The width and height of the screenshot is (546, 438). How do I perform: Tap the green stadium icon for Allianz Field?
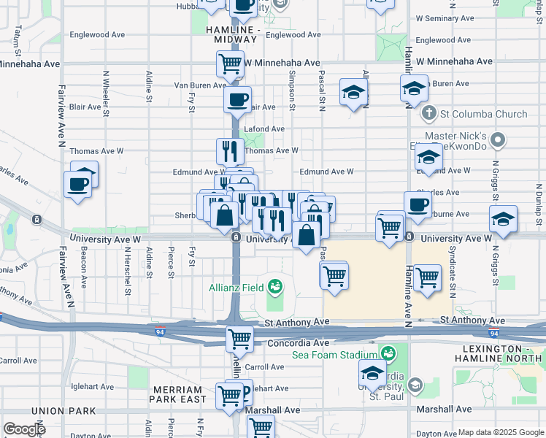[x=275, y=286]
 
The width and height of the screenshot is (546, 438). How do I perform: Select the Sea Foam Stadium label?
[x=336, y=355]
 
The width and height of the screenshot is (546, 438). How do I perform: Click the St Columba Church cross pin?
[x=429, y=114]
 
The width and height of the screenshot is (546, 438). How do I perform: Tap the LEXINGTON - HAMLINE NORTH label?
[x=499, y=353]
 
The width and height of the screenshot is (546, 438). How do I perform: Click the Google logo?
[x=25, y=429]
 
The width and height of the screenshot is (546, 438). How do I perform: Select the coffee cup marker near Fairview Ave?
[x=77, y=184]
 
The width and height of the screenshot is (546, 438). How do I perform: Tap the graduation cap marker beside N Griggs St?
[x=502, y=218]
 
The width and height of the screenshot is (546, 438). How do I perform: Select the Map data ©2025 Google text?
[x=501, y=432]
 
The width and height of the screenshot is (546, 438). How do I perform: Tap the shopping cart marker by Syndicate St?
[x=427, y=277]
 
